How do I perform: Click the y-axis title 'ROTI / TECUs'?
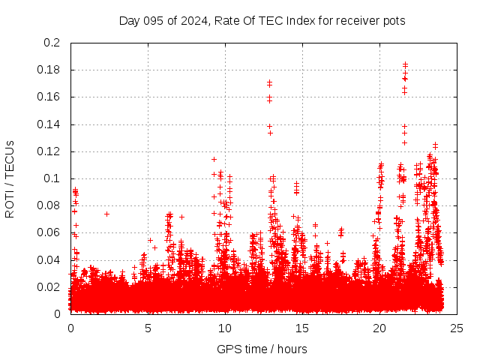click(x=10, y=178)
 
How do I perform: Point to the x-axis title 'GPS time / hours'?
click(x=262, y=349)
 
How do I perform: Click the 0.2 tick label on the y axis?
click(x=54, y=43)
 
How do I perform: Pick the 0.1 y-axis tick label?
click(x=54, y=178)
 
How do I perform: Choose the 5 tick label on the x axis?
click(x=148, y=328)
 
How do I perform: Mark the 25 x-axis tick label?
click(x=457, y=328)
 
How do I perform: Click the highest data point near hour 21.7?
click(x=405, y=64)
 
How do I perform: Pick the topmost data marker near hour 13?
click(x=269, y=82)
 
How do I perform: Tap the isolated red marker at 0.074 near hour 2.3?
click(x=106, y=214)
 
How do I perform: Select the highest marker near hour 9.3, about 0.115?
click(x=214, y=159)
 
